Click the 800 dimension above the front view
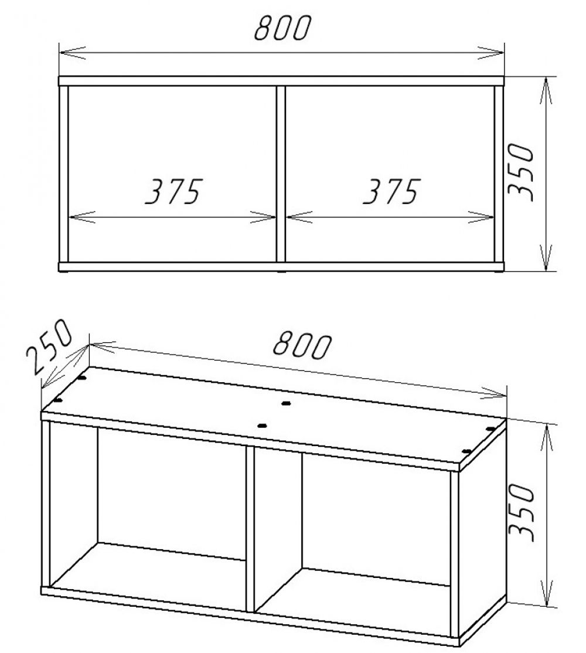click(x=281, y=28)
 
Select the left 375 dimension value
click(x=173, y=191)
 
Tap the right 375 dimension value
click(x=390, y=191)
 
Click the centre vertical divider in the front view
click(x=281, y=173)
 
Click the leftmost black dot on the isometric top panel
click(x=58, y=400)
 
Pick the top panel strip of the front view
click(x=281, y=81)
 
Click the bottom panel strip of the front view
click(x=281, y=266)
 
